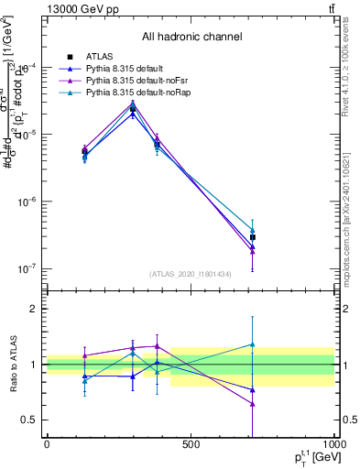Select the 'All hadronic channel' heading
[191, 37]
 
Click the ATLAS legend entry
[99, 56]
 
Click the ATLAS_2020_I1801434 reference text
[191, 275]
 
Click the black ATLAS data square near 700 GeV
[252, 237]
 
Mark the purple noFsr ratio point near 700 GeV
[252, 404]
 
